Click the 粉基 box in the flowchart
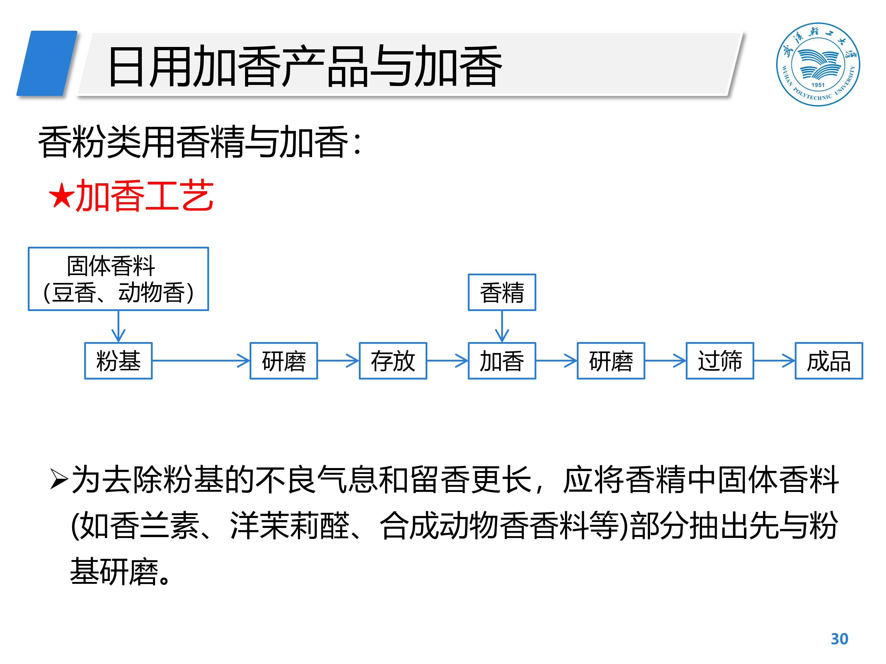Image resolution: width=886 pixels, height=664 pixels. pos(118,361)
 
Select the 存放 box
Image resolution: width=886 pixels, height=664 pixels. pos(392,361)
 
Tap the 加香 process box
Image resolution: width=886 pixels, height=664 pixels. pos(501,361)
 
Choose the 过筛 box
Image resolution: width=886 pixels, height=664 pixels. pos(719,361)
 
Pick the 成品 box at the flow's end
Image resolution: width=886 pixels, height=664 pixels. pos(828,361)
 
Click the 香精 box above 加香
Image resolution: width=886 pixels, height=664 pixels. pos(501,292)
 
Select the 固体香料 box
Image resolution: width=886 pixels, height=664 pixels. pos(118,279)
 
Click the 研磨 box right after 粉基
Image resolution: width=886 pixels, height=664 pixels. pos(284,361)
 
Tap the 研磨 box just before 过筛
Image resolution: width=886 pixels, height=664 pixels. pos(610,361)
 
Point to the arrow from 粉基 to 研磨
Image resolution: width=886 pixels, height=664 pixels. pos(201,361)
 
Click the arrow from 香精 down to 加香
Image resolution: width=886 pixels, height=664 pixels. pos(501,326)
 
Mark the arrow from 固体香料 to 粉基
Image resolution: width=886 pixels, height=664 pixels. pos(118,326)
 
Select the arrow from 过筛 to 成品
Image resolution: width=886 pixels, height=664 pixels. pos(774,361)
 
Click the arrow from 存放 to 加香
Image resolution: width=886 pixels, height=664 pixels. pos(447,361)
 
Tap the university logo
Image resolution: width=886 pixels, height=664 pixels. pos(817,64)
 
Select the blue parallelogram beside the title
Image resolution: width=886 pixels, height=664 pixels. pos(47,63)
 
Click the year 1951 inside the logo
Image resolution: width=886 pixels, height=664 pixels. pos(818,85)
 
